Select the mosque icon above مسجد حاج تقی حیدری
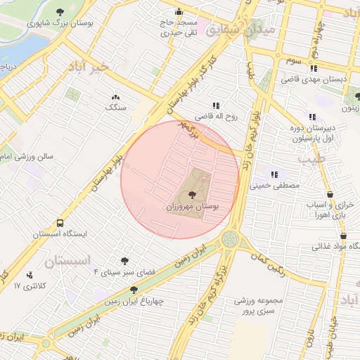point(179,11)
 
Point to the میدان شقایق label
point(258,31)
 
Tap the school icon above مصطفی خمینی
point(275,174)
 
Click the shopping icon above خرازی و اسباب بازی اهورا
point(330,195)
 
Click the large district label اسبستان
point(70,262)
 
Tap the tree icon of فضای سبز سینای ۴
point(125,261)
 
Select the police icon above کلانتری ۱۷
point(30,275)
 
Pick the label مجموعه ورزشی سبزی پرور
point(259,305)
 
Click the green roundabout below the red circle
point(229,239)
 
